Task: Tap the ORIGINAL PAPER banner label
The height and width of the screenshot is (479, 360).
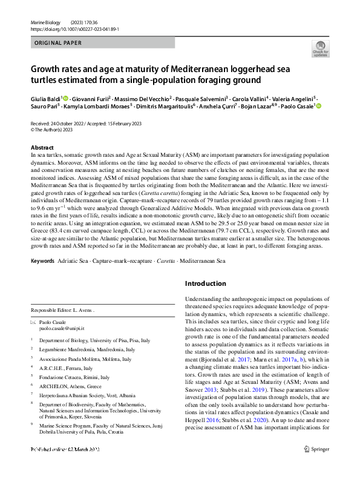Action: pyautogui.click(x=58, y=44)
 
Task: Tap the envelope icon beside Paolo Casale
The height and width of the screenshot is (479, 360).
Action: pyautogui.click(x=34, y=322)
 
